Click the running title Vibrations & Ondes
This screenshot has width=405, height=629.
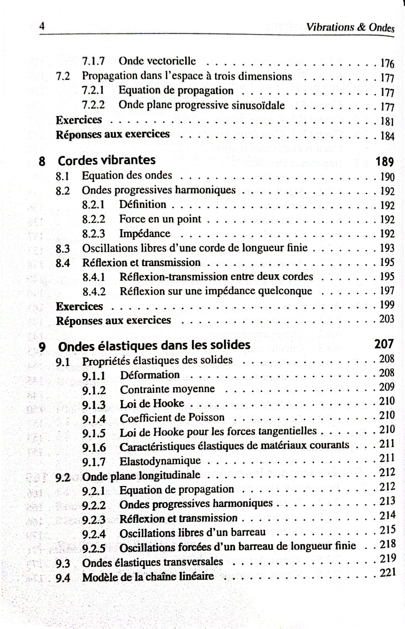coord(350,27)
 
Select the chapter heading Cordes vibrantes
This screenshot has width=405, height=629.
coord(107,160)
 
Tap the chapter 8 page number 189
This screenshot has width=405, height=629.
coord(385,161)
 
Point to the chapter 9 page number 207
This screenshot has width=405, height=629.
coord(384,344)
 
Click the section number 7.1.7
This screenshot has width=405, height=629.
coord(93,61)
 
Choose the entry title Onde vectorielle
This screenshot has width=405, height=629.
coord(157,61)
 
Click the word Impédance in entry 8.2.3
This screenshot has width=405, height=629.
coord(145,233)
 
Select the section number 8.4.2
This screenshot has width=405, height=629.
coord(94,291)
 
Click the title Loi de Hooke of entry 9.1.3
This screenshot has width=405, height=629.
coord(152,403)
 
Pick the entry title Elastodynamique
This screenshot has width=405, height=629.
coord(160,461)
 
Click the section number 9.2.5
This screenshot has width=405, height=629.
coord(94,548)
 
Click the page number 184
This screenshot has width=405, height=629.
coord(387,136)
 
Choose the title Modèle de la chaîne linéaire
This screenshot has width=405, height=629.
coord(148,577)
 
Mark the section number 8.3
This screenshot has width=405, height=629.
coord(62,248)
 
